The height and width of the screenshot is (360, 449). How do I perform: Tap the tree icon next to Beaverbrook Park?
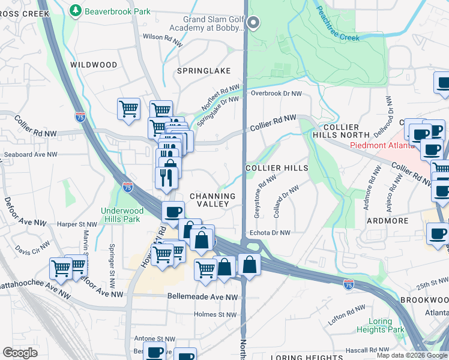pos(75,10)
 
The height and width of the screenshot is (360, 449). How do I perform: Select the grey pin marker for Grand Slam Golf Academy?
pos(253,23)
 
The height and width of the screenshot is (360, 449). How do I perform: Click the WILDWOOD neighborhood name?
pos(94,64)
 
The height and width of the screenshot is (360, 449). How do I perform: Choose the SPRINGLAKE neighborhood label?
pos(204,71)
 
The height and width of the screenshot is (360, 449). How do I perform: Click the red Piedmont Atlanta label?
pos(382,145)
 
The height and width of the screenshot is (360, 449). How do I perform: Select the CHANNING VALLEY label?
pos(212,200)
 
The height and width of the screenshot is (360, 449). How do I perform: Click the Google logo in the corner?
pos(20,352)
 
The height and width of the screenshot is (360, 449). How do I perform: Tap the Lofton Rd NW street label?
pos(347,316)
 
